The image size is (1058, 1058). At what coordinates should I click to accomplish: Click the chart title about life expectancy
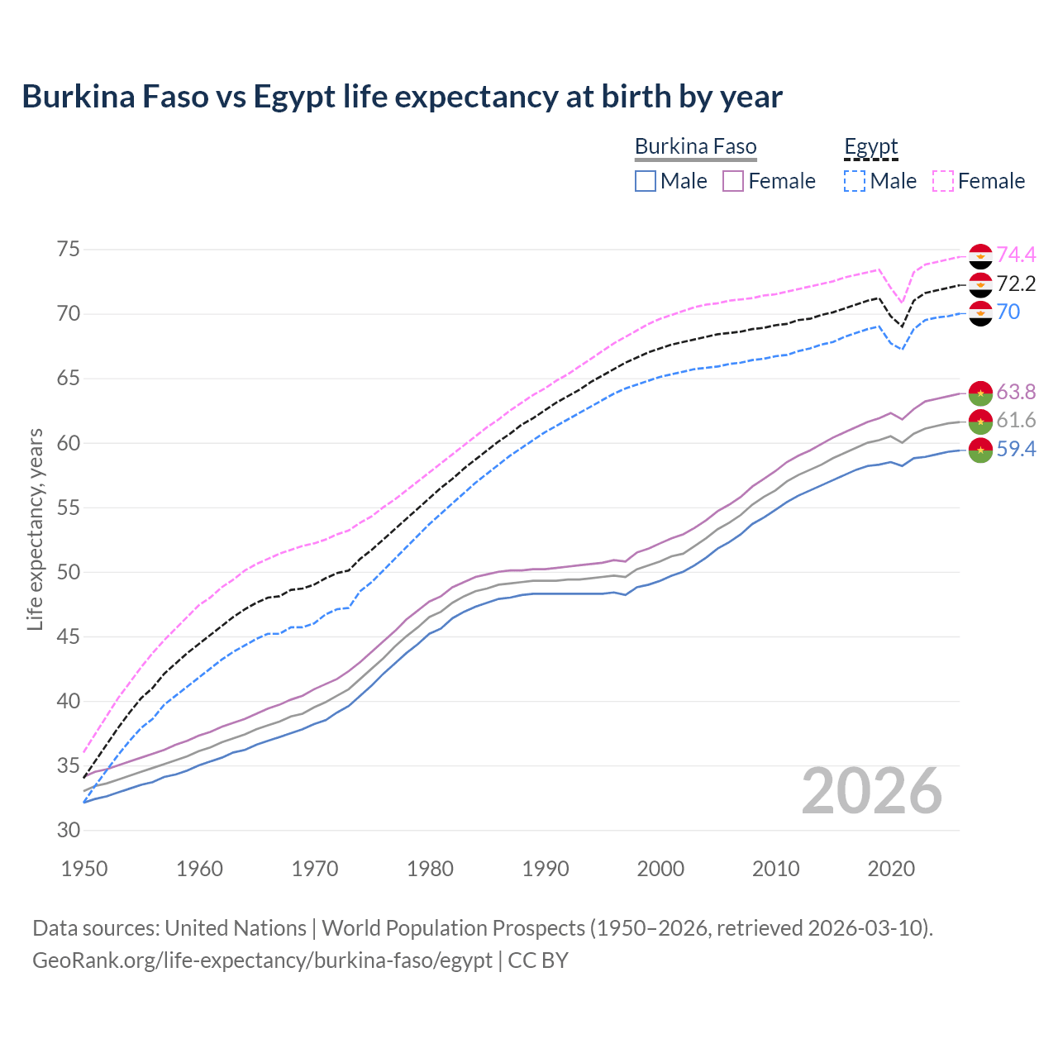pyautogui.click(x=402, y=97)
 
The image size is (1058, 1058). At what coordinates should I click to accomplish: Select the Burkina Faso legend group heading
pyautogui.click(x=695, y=147)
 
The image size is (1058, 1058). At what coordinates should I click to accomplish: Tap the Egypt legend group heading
pyautogui.click(x=870, y=147)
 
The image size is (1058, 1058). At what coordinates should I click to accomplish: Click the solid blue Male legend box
pyautogui.click(x=646, y=181)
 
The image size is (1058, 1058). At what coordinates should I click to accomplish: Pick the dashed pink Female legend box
pyautogui.click(x=943, y=181)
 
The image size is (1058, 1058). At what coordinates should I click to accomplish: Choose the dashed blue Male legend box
pyautogui.click(x=855, y=181)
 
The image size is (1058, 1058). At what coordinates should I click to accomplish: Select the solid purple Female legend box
pyautogui.click(x=733, y=181)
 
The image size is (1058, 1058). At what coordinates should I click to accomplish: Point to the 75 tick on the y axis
pyautogui.click(x=67, y=250)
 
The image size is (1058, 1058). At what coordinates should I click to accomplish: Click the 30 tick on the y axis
pyautogui.click(x=67, y=831)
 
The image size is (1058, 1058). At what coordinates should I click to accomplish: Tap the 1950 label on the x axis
pyautogui.click(x=84, y=869)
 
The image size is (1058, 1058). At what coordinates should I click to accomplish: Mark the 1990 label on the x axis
pyautogui.click(x=546, y=869)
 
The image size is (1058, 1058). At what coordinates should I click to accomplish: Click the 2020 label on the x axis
pyautogui.click(x=891, y=869)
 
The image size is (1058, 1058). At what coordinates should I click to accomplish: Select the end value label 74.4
pyautogui.click(x=1016, y=255)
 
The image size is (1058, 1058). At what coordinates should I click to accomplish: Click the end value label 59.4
pyautogui.click(x=1016, y=450)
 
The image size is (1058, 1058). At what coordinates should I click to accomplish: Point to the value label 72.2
pyautogui.click(x=1016, y=284)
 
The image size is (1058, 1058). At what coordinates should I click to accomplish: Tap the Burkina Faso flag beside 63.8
pyautogui.click(x=980, y=393)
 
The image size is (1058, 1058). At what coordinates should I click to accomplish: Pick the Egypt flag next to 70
pyautogui.click(x=980, y=313)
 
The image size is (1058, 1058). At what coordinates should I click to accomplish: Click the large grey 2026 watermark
pyautogui.click(x=872, y=791)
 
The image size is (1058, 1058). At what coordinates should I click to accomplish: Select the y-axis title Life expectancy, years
pyautogui.click(x=35, y=529)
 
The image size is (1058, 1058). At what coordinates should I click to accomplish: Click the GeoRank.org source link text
pyautogui.click(x=262, y=960)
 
